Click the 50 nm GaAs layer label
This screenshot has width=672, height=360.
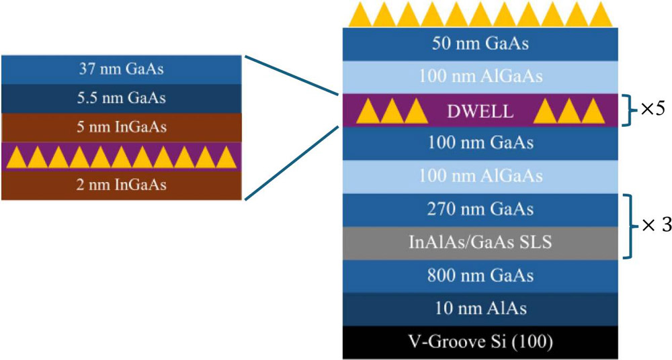[x=480, y=45]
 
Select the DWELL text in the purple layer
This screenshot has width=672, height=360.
[x=480, y=111]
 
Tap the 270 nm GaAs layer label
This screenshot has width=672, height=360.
[x=480, y=210]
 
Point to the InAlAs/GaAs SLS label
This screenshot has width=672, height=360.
[x=480, y=242]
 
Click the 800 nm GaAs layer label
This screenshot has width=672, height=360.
[x=480, y=275]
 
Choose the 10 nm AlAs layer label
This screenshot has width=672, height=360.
[x=480, y=308]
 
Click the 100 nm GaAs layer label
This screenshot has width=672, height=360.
[x=480, y=143]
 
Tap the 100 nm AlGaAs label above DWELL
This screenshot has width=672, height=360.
[x=480, y=78]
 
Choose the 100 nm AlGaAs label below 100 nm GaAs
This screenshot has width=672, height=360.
[x=480, y=177]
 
